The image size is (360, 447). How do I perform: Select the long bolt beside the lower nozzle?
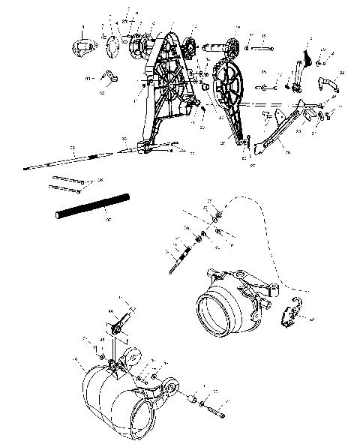pos(215,410)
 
